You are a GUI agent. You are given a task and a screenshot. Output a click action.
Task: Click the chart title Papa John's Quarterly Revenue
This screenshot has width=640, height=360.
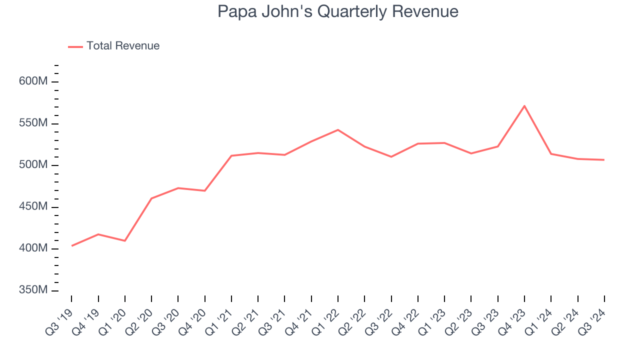pos(337,11)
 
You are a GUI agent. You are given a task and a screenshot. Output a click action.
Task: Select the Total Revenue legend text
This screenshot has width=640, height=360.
pos(123,46)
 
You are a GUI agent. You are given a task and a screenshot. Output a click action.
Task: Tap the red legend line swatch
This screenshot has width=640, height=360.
pos(75,46)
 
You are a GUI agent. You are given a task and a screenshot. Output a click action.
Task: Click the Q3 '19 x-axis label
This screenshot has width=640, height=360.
pos(59,318)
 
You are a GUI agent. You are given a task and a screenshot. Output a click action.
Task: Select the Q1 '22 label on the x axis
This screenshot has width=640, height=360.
pos(326,318)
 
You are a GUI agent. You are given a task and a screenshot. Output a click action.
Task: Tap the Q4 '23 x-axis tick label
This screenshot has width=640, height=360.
pos(512,318)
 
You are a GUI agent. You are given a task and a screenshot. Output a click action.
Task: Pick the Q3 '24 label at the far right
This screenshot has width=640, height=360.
pos(592,318)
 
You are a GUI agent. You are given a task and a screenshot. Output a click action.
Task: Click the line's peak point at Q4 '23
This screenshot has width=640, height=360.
pos(524,106)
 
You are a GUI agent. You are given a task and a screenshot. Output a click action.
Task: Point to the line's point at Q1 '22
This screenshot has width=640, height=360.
pos(338,130)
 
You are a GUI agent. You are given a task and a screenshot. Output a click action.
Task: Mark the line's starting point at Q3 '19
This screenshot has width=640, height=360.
pos(72,246)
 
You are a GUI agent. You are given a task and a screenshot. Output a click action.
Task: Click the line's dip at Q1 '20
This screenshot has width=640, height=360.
pos(125,241)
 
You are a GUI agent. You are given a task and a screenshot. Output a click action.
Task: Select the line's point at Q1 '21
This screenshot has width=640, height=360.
pos(231,155)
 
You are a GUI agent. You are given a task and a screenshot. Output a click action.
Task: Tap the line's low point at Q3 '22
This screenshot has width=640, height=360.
pos(391,157)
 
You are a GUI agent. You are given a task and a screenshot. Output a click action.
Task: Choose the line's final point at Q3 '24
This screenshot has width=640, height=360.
pos(604,160)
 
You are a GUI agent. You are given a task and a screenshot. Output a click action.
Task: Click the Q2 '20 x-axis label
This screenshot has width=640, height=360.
pos(139,318)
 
